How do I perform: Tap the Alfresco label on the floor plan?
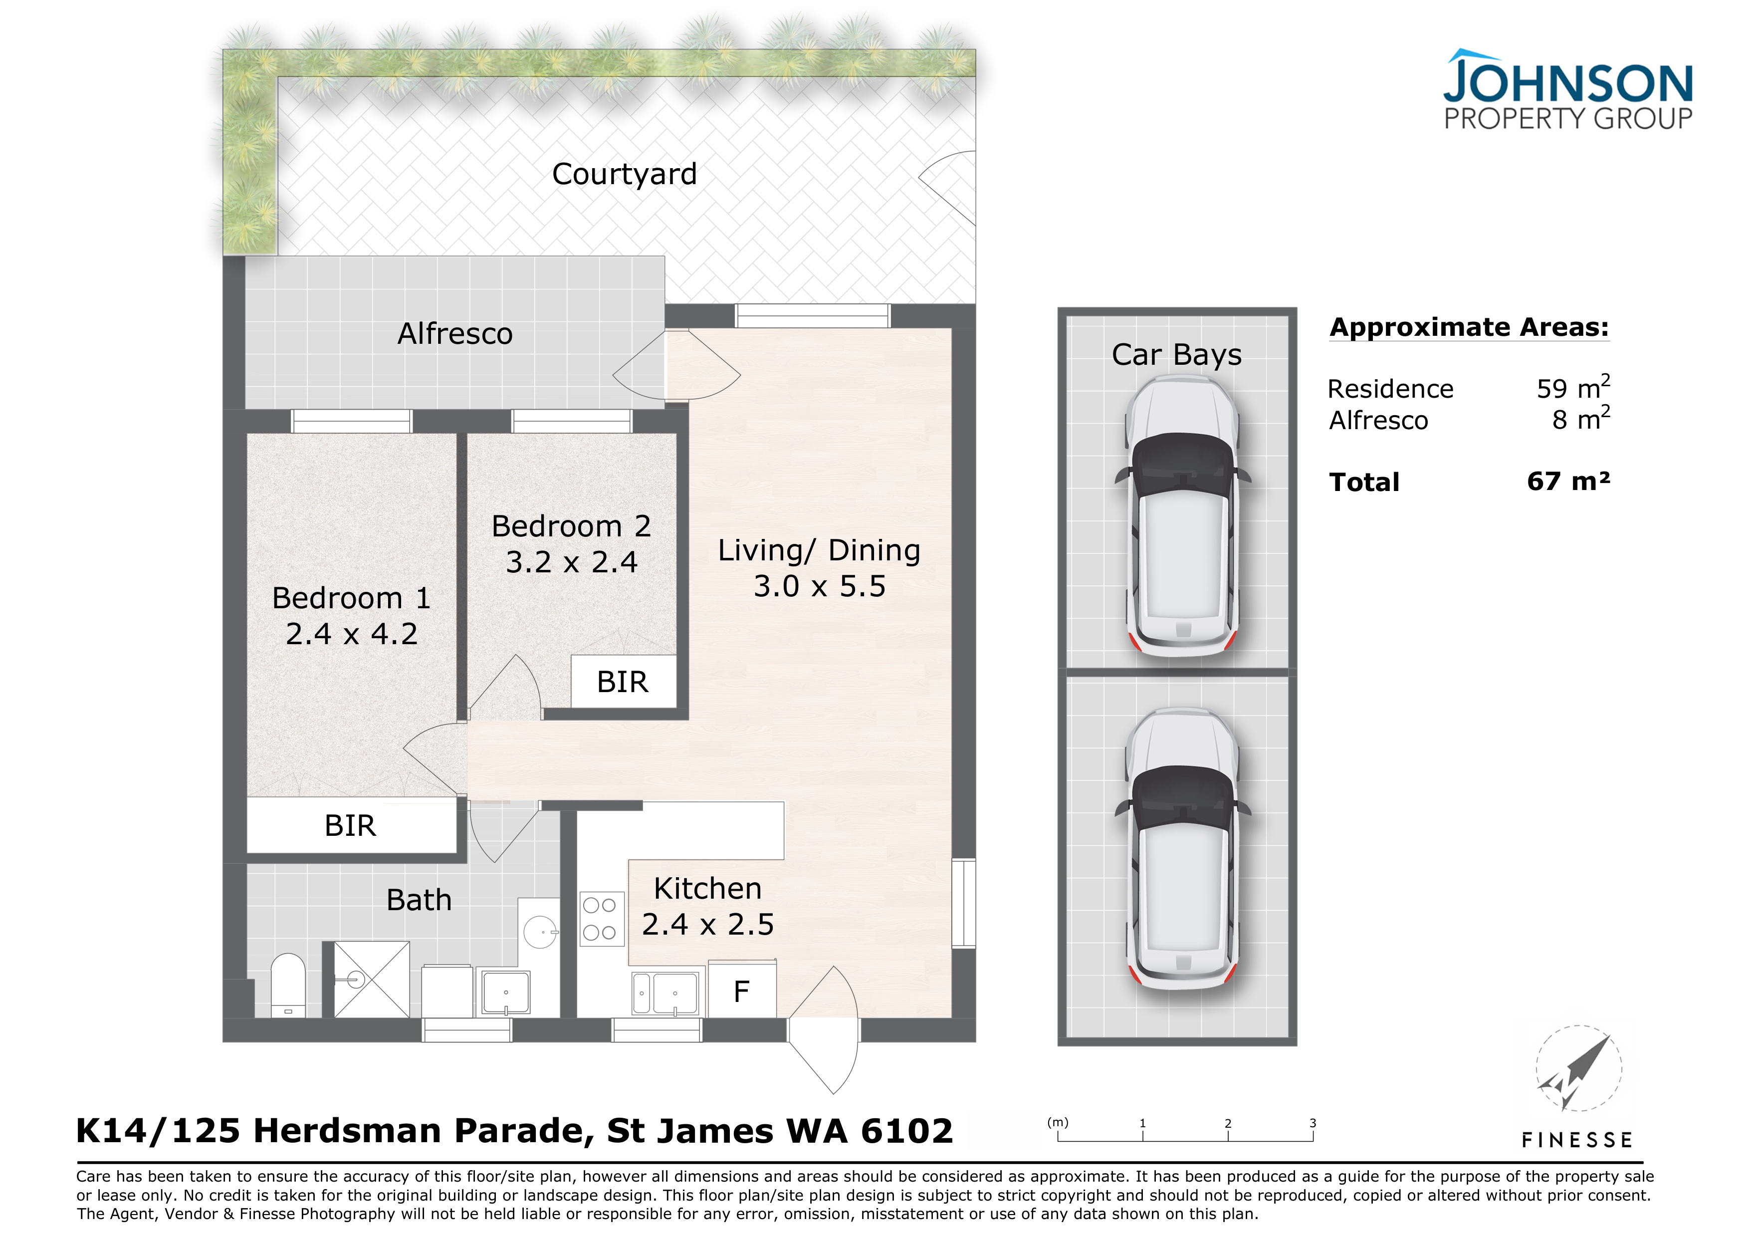pos(455,334)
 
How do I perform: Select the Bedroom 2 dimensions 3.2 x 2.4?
pos(572,562)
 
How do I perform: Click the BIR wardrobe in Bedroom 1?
pos(351,825)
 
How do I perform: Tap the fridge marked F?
pos(742,990)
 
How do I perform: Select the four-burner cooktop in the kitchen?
pos(600,919)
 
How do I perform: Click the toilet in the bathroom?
pos(288,985)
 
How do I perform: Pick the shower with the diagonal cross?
pos(372,980)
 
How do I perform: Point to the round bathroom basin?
pos(541,932)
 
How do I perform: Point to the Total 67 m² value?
pos(1568,482)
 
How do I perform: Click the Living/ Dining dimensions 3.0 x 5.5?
pos(819,586)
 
